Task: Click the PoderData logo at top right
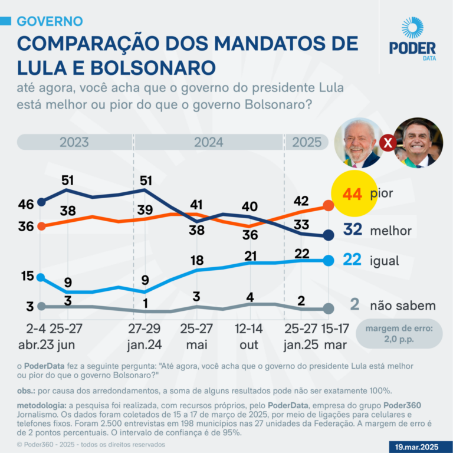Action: pos(412,38)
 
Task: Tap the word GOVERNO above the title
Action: pos(50,21)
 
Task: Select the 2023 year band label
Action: pos(74,142)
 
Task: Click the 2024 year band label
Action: pos(208,142)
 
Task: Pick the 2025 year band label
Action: pos(307,142)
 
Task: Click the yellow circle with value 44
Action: pos(353,193)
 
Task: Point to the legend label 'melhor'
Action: pos(390,231)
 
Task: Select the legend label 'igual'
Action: pos(385,261)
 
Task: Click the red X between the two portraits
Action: pos(387,143)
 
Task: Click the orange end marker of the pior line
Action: pos(329,206)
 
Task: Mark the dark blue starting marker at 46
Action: pos(41,202)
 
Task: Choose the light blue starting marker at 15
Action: pos(41,277)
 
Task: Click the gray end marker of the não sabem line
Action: pos(329,308)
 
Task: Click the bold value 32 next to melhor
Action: pos(352,230)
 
